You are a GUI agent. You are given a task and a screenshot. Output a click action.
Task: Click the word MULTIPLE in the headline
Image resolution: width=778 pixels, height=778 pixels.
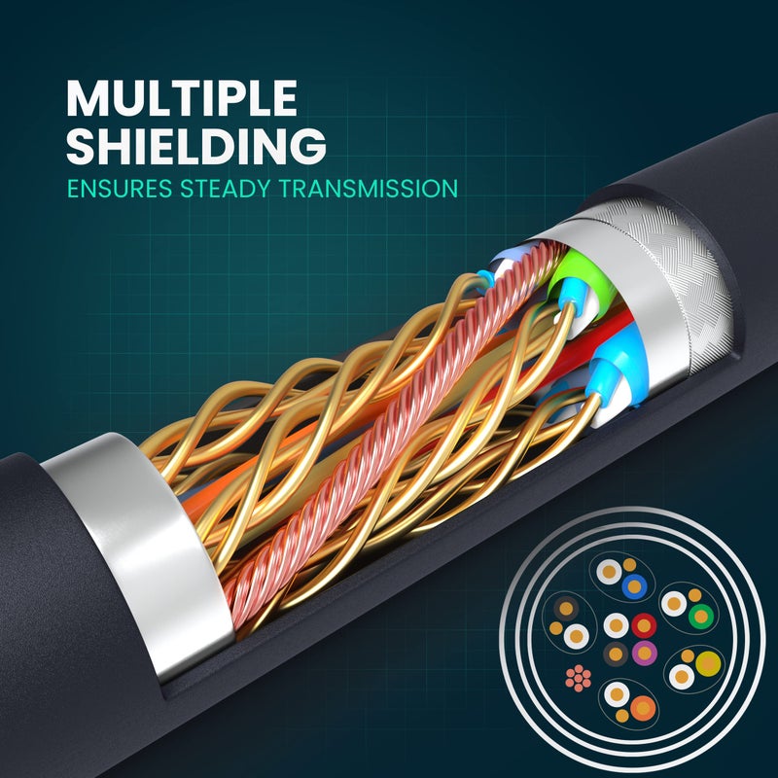182,98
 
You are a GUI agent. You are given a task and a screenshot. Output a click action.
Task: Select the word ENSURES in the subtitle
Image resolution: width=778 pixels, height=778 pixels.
120,189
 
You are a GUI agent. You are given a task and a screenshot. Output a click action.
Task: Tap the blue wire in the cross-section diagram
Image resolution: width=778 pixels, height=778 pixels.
634,586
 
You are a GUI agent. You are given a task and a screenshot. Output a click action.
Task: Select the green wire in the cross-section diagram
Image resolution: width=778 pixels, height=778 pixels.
700,616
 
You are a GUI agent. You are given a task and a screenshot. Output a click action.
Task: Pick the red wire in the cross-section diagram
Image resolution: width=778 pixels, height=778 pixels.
644,625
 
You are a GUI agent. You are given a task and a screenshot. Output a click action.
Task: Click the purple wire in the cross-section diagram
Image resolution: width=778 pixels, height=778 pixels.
644,653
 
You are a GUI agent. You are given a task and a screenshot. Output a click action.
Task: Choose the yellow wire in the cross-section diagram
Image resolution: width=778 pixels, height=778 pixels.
708,663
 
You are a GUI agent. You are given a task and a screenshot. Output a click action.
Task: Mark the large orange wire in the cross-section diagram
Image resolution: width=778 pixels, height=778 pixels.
643,708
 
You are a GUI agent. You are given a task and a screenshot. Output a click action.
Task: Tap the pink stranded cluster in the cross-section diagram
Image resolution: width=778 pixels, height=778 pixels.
578,678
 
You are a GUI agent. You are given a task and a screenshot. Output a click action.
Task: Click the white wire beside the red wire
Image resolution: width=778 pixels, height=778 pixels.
616,625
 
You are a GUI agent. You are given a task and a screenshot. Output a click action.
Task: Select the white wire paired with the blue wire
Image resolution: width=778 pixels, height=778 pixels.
609,572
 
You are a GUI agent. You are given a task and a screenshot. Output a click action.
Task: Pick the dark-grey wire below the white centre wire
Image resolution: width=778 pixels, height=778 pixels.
616,654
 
